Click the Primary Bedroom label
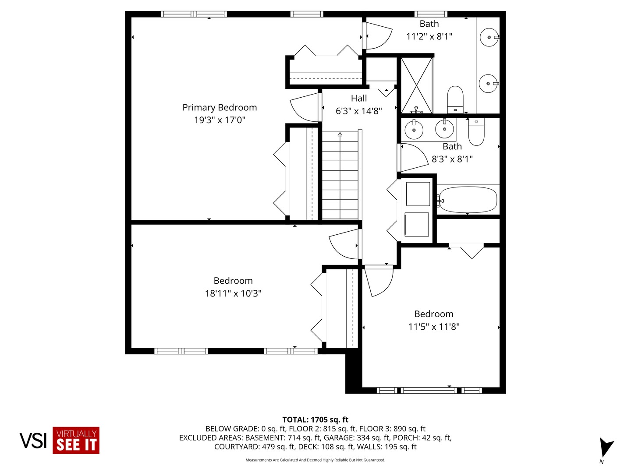(x=220, y=107)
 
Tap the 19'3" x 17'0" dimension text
(x=220, y=120)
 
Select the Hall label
(x=359, y=99)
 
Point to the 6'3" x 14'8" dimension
(x=359, y=111)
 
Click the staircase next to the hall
(x=340, y=175)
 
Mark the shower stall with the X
(x=417, y=85)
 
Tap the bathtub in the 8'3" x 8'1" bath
(x=468, y=200)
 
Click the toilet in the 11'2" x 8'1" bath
(x=455, y=99)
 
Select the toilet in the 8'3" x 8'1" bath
(x=476, y=132)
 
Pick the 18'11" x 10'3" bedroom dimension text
(x=233, y=293)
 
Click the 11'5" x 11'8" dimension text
(x=434, y=327)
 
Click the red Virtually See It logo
(x=76, y=441)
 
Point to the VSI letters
(x=33, y=441)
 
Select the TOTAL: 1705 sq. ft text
(x=315, y=420)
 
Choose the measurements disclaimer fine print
(x=315, y=460)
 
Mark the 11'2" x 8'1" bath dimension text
(x=429, y=36)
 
